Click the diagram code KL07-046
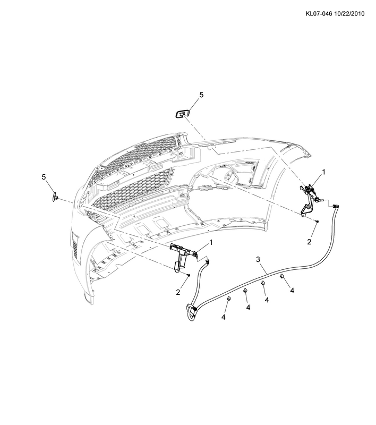pyautogui.click(x=319, y=14)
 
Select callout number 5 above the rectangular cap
pyautogui.click(x=201, y=95)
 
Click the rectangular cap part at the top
pyautogui.click(x=182, y=114)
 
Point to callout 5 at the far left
pyautogui.click(x=44, y=177)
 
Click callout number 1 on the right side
pyautogui.click(x=323, y=172)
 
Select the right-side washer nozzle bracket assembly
pyautogui.click(x=312, y=199)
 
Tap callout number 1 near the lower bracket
pyautogui.click(x=211, y=242)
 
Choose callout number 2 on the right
pyautogui.click(x=309, y=242)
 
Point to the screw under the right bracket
pyautogui.click(x=317, y=222)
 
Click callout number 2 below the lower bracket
pyautogui.click(x=178, y=292)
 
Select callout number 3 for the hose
pyautogui.click(x=258, y=259)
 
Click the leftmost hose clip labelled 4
pyautogui.click(x=228, y=299)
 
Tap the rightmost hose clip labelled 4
pyautogui.click(x=281, y=276)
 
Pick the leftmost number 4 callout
pyautogui.click(x=223, y=317)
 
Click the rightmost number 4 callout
pyautogui.click(x=292, y=291)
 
